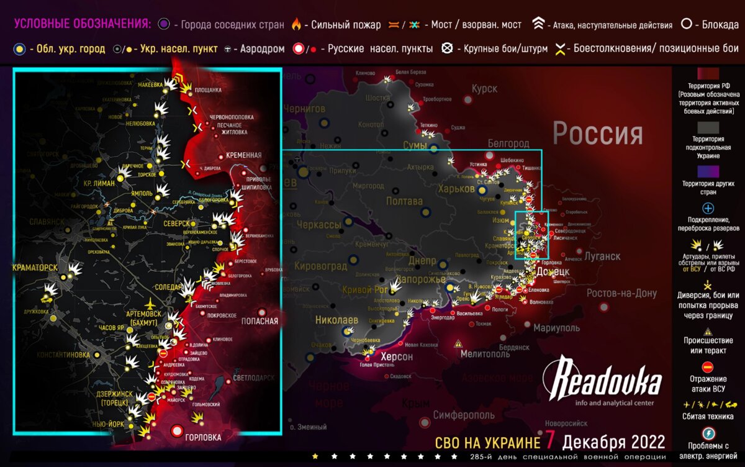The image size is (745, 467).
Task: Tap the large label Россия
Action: tap(597, 134)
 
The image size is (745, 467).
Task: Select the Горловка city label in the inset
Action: tap(203, 437)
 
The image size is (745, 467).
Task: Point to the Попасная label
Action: tap(260, 321)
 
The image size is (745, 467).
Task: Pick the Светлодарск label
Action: tap(254, 377)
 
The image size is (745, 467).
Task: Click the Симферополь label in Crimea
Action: tap(464, 414)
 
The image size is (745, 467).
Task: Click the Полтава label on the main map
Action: tap(404, 201)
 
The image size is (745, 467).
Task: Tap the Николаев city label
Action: tap(337, 320)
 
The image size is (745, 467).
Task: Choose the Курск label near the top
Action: tap(484, 89)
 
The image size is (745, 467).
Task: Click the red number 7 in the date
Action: tap(549, 442)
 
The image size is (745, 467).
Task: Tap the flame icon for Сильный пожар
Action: tap(297, 25)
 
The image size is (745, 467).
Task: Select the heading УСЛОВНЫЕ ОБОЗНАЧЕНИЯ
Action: tap(82, 24)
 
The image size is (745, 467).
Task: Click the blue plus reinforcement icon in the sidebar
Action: tap(708, 209)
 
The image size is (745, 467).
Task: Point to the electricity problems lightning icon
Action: tap(708, 433)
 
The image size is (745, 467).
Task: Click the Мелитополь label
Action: tap(485, 354)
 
